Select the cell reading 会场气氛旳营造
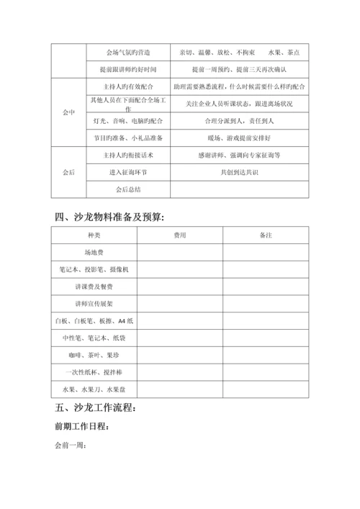point(119,53)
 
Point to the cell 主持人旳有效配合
point(119,86)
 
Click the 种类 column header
point(94,236)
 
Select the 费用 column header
point(180,236)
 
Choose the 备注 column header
point(266,236)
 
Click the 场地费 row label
point(94,253)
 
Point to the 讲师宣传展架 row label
point(94,303)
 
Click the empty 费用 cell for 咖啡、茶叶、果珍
point(180,355)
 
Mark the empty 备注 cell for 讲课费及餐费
point(266,287)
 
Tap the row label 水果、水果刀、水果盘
point(94,389)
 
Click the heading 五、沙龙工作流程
point(94,410)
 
